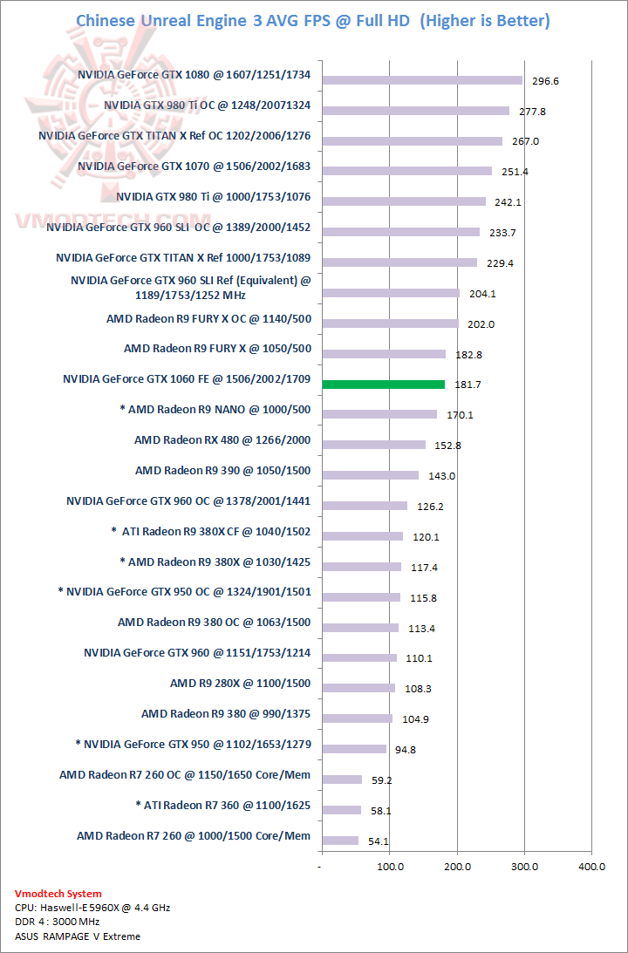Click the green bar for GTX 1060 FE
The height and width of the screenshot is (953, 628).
coord(384,384)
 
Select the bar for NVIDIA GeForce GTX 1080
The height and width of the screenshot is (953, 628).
coord(422,80)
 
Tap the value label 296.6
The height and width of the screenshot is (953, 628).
coord(545,81)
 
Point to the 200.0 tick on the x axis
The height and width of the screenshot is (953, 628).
coord(457,867)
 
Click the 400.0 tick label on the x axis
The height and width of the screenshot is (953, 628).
coord(591,867)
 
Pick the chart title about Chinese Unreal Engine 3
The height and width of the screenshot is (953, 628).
coord(313,21)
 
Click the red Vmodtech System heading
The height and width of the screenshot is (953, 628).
coord(58,894)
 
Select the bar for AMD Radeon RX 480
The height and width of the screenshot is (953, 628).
coord(374,445)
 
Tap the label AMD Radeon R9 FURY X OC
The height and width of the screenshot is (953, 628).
coord(208,319)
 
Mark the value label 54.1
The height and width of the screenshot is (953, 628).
coord(380,841)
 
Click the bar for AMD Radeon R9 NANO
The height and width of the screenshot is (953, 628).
coord(379,414)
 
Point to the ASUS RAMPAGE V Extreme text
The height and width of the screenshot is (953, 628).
coord(78,936)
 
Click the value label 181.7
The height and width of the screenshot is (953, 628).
coord(467,385)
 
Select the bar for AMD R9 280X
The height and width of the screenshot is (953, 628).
coord(358,688)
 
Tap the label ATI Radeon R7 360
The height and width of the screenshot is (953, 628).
coord(223,806)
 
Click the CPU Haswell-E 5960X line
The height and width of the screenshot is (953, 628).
coord(92,908)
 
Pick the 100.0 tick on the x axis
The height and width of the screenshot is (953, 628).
coord(389,867)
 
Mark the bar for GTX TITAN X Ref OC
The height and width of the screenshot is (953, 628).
coord(413,141)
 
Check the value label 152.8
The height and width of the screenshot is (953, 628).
coord(447,446)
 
